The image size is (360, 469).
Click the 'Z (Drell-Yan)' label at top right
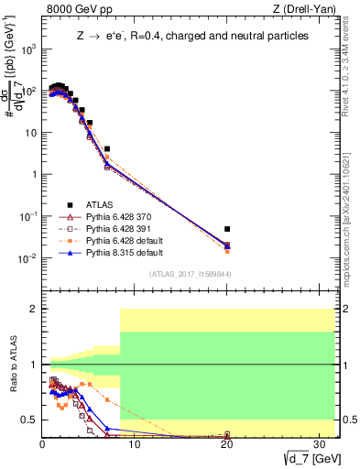304,10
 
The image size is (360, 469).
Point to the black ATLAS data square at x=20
227,229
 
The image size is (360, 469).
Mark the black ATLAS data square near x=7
107,148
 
